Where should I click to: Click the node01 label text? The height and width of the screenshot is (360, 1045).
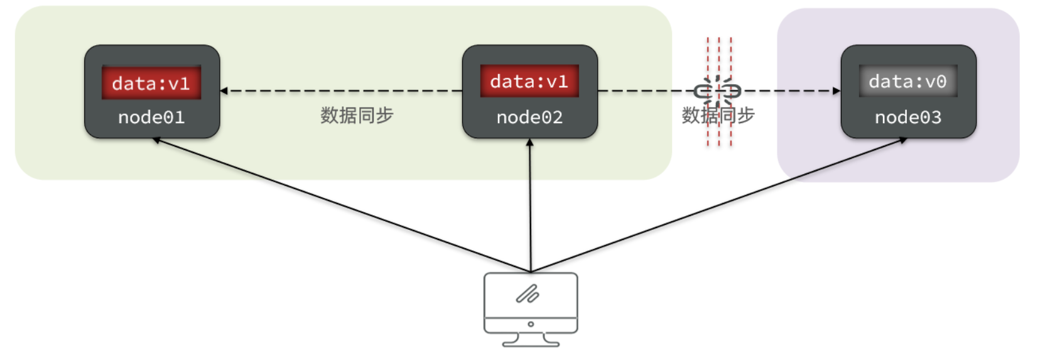(x=151, y=117)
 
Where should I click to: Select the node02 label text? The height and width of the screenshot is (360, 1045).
(x=529, y=117)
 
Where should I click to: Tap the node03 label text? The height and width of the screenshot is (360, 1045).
(x=908, y=117)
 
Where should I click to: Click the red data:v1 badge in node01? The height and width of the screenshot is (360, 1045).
(x=151, y=83)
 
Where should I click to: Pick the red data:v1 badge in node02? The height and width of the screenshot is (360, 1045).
(x=529, y=82)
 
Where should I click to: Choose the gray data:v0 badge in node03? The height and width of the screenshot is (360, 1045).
(x=908, y=82)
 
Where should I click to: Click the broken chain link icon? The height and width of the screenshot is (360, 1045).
(x=718, y=92)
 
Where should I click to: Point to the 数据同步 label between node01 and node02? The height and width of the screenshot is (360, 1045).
(x=357, y=116)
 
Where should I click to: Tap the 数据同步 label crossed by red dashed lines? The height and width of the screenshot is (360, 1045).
(x=718, y=116)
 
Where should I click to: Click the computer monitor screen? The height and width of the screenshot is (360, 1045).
(x=531, y=295)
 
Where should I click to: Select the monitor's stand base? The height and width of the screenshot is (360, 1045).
(x=531, y=342)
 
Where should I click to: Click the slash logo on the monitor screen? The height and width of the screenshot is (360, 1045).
(x=528, y=293)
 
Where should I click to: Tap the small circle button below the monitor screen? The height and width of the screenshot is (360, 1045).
(x=531, y=324)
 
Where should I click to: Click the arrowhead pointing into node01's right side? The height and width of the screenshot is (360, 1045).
(x=224, y=91)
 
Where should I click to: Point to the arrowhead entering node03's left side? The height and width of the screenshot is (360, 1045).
(x=837, y=91)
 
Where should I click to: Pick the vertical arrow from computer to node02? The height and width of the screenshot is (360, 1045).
(x=530, y=207)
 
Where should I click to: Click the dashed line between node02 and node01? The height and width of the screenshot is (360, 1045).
(x=342, y=91)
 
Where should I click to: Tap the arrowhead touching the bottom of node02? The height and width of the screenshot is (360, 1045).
(x=529, y=143)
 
